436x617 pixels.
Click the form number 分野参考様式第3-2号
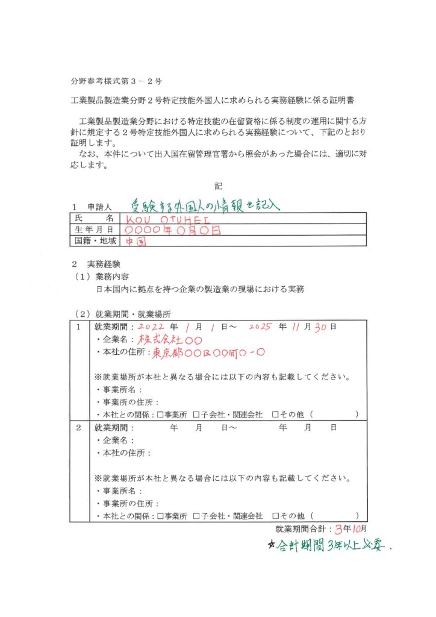coord(113,80)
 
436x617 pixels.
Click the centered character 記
coord(218,186)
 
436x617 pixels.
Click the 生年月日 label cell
coord(95,230)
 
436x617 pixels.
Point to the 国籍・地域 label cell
coord(95,241)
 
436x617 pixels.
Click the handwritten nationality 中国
coord(135,242)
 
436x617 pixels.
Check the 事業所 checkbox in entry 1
coord(160,415)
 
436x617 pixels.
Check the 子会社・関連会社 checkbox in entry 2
coord(196,516)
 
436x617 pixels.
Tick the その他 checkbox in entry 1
coord(275,415)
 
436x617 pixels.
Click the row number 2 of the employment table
coord(78,428)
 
